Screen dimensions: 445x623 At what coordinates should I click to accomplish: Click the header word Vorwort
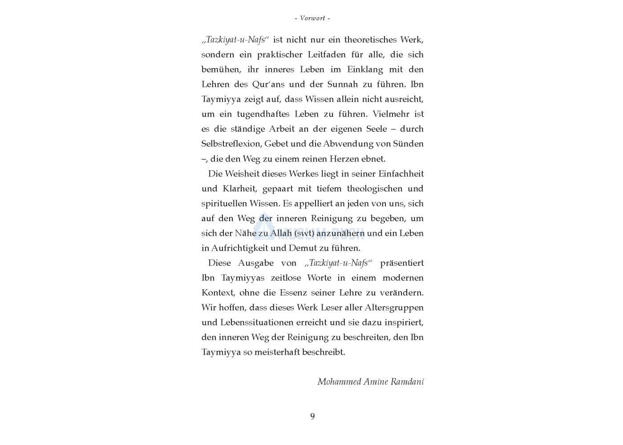pyautogui.click(x=312, y=18)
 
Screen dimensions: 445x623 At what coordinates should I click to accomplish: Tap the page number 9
pyautogui.click(x=312, y=417)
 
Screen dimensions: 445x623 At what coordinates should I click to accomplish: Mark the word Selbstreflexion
pyautogui.click(x=231, y=144)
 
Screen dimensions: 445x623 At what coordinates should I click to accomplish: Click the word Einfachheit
pyautogui.click(x=401, y=174)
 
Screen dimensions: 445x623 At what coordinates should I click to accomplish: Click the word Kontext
pyautogui.click(x=218, y=293)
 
